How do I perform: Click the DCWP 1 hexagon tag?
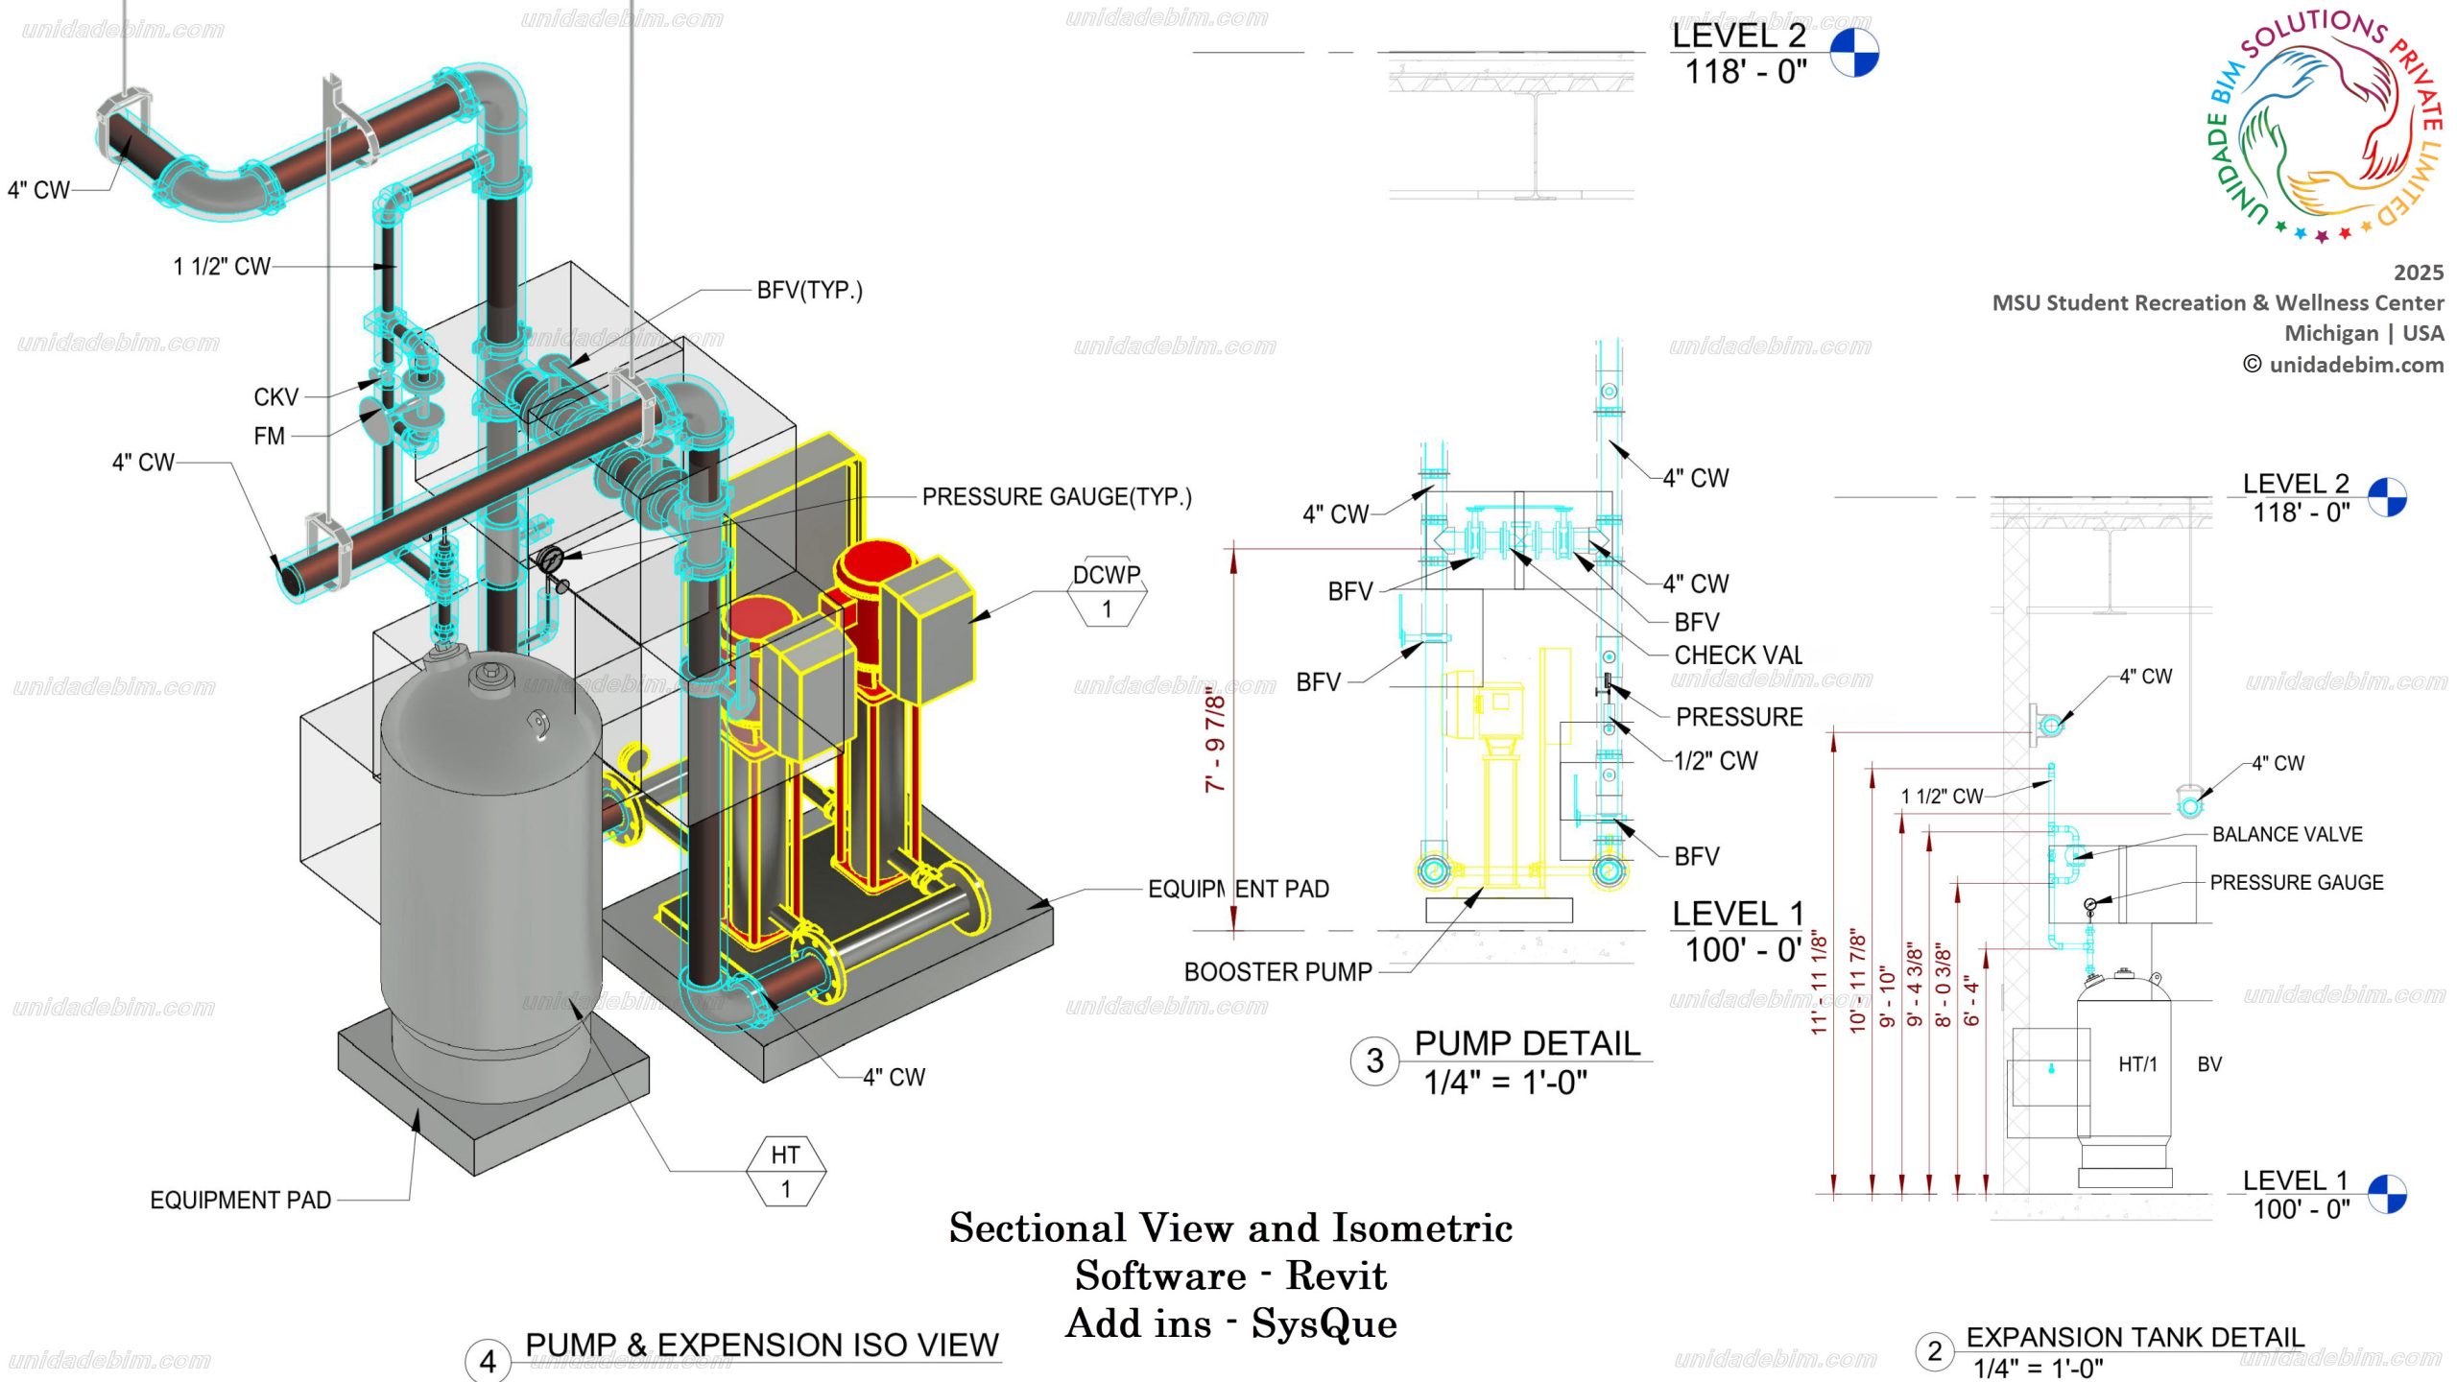[1107, 591]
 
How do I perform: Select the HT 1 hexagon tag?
[785, 1171]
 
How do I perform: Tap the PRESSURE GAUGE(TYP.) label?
[1056, 497]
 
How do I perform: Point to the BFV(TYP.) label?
[809, 290]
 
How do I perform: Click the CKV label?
[275, 397]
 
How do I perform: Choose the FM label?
[270, 437]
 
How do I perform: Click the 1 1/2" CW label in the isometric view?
[222, 267]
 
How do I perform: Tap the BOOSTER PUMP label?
[1277, 972]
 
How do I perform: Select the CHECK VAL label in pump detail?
[1737, 655]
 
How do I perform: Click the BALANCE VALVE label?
[2287, 835]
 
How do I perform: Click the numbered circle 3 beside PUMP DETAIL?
[1374, 1060]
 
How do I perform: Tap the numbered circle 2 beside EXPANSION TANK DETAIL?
[1934, 1351]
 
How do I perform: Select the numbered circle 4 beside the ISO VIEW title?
[488, 1361]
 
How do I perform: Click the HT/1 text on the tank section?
[2137, 1064]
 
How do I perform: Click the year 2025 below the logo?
[2418, 273]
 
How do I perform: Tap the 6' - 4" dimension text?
[1972, 1000]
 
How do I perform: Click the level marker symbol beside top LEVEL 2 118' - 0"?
[1853, 53]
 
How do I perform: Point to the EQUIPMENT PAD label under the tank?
[240, 1201]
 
